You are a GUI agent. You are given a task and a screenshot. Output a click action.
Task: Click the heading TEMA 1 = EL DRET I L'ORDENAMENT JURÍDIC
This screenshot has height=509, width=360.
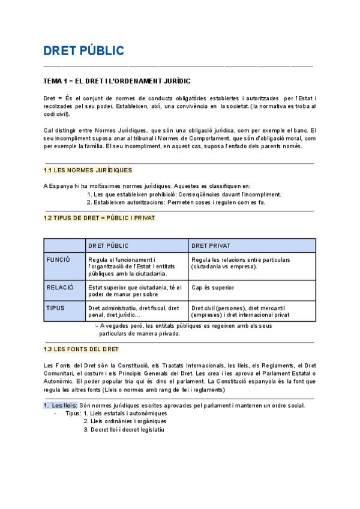(x=118, y=80)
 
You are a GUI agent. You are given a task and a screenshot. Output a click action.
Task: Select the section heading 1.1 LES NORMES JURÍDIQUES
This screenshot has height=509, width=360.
(x=88, y=170)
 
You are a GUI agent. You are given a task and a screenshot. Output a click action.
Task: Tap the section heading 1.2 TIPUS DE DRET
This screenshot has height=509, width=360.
(x=99, y=218)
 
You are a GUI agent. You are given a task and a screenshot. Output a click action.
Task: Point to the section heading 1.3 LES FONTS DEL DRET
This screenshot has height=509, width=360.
(x=81, y=349)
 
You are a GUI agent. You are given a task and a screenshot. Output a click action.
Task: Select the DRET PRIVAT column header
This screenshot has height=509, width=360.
(x=211, y=245)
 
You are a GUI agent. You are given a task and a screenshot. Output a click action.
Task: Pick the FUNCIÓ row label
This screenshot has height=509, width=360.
(x=58, y=260)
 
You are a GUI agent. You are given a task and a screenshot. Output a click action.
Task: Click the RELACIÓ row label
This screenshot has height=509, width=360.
(x=59, y=288)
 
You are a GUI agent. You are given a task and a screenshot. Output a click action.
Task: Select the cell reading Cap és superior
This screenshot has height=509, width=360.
(x=213, y=288)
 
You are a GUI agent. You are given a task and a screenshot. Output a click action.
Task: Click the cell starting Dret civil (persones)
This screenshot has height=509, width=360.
(x=240, y=311)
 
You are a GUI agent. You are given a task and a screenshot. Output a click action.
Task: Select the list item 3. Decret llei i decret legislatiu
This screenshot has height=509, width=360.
(x=124, y=429)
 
